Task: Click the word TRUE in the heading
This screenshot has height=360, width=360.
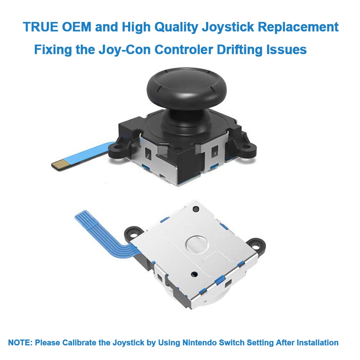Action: pos(40,27)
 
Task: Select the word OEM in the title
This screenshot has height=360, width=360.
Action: pos(77,27)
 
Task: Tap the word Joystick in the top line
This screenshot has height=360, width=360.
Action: pos(228,27)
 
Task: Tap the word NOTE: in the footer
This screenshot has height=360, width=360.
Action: pos(20,342)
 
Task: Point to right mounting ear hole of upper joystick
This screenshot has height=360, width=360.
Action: pos(246,146)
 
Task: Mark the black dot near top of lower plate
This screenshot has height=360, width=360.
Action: pos(196,209)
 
